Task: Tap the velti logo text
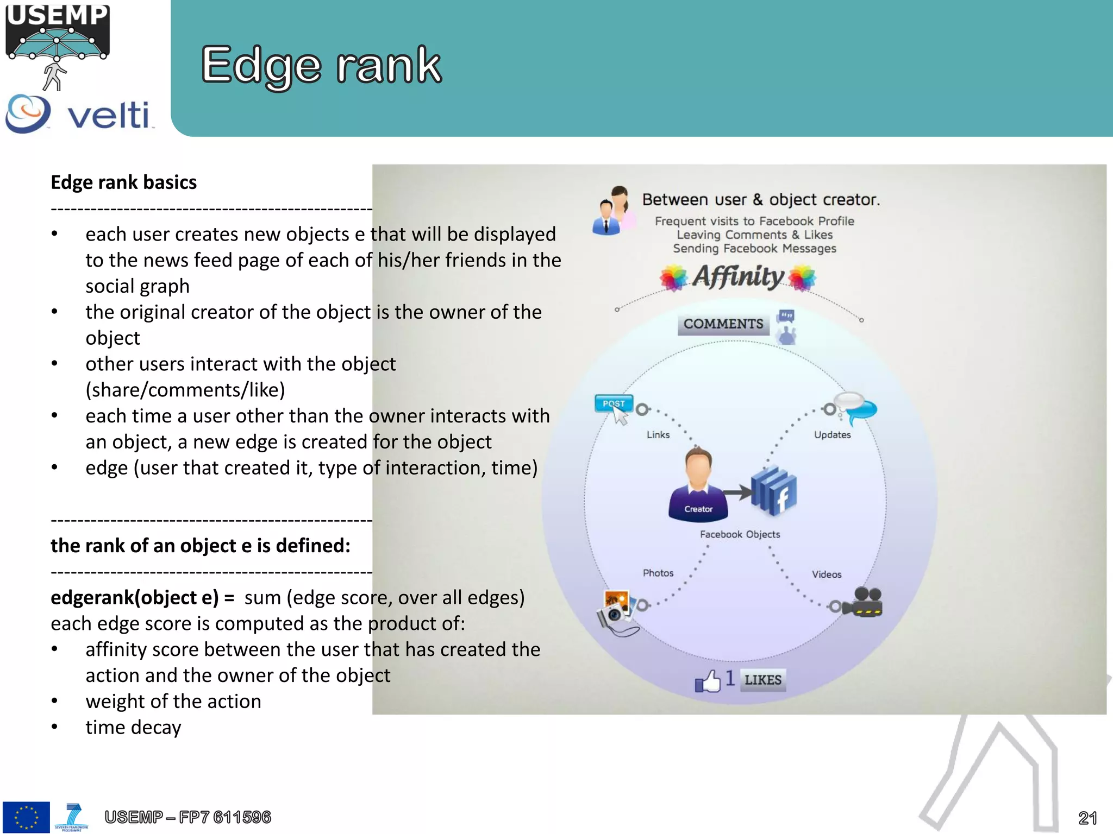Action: [x=108, y=115]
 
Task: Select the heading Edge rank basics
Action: [x=123, y=182]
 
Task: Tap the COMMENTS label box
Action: [x=723, y=324]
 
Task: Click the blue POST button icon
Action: [x=614, y=403]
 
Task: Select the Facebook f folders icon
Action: [x=774, y=490]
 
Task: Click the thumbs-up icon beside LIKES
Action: [x=708, y=680]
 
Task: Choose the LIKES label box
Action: [x=762, y=680]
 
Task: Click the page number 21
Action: [x=1087, y=818]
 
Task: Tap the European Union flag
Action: [x=26, y=817]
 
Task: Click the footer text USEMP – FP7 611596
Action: [x=187, y=817]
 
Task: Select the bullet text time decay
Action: [x=133, y=728]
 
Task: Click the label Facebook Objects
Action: [x=740, y=534]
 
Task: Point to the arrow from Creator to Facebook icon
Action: [x=737, y=492]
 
